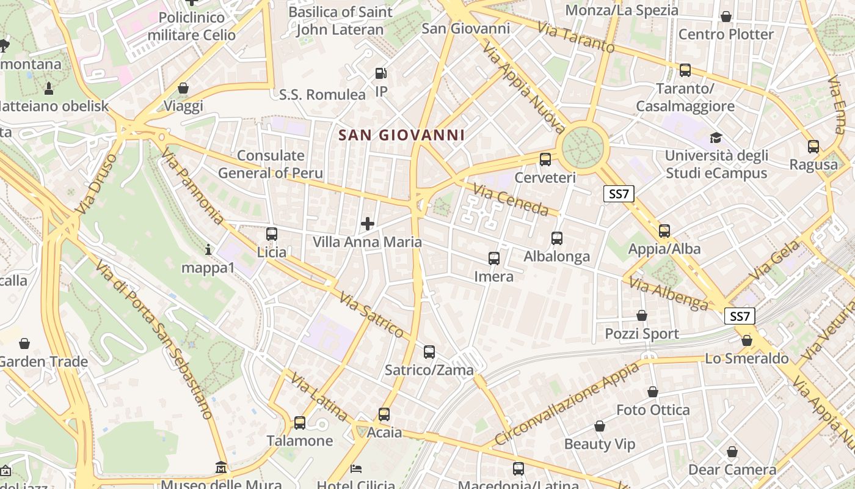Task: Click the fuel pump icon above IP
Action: click(381, 73)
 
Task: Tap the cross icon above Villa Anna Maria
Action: click(367, 224)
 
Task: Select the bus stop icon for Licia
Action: click(272, 233)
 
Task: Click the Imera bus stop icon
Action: click(494, 259)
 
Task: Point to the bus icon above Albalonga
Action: click(557, 238)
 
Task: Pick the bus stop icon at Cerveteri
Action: click(545, 160)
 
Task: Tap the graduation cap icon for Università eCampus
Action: click(716, 138)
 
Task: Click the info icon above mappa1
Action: click(208, 249)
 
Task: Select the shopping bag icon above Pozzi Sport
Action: click(642, 315)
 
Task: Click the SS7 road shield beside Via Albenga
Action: click(740, 316)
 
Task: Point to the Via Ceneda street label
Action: click(511, 201)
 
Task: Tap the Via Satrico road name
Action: click(374, 315)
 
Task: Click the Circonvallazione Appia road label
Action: click(566, 403)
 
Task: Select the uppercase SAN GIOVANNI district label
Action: click(401, 135)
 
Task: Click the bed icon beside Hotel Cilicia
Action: click(357, 469)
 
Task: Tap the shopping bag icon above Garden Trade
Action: click(24, 344)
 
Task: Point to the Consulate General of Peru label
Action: click(271, 164)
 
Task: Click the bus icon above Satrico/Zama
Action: click(429, 352)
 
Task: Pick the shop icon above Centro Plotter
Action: click(726, 17)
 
